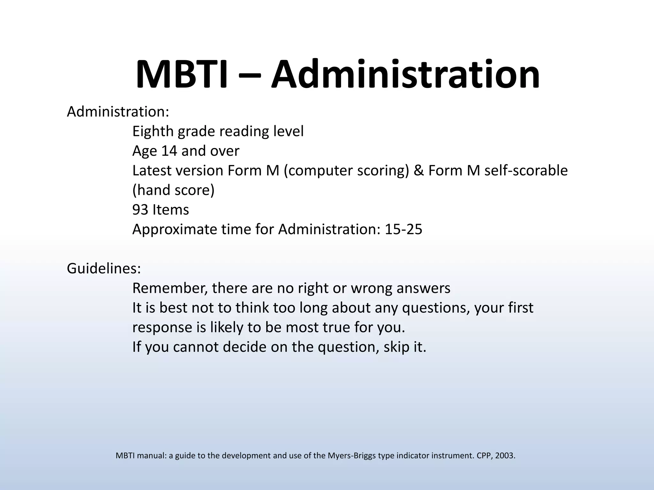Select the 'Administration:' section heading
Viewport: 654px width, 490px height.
[x=118, y=112]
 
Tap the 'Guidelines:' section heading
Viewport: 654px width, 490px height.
[x=104, y=269]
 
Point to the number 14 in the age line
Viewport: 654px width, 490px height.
[x=169, y=151]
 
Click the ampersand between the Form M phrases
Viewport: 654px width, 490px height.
[x=418, y=171]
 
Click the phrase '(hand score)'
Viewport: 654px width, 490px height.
[x=173, y=190]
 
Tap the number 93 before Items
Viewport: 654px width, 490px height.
[x=140, y=210]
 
